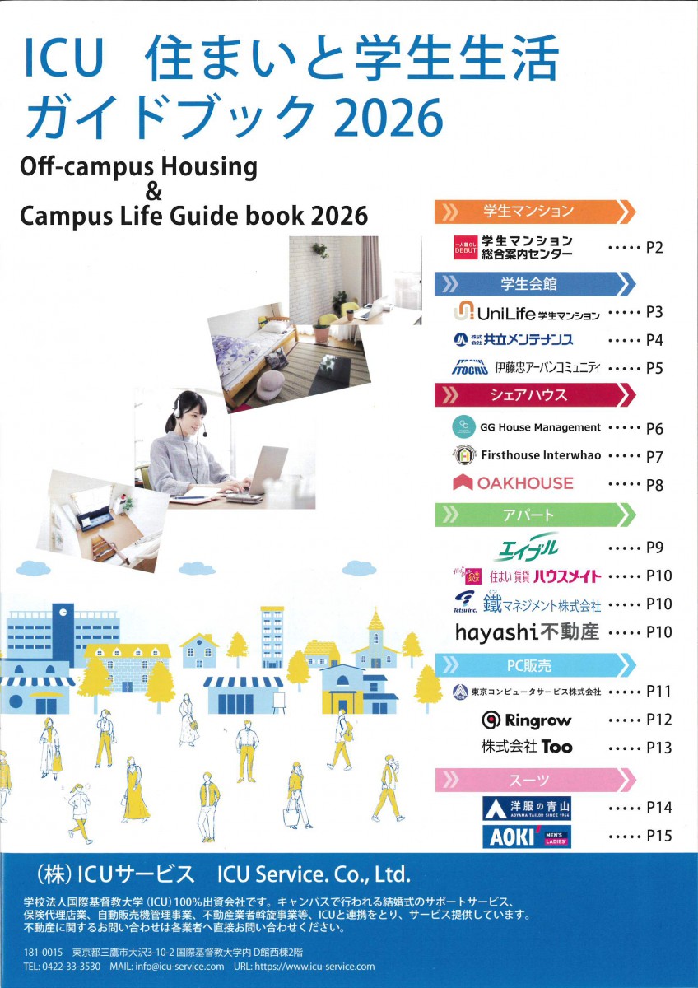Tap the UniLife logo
pos(527,313)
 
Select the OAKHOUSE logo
pos(513,482)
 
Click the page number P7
pos(654,456)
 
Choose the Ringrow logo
pos(527,720)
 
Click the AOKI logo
pos(527,836)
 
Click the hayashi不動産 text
pos(528,632)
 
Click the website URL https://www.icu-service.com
pos(316,967)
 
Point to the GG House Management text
pos(541,427)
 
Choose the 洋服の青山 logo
pos(527,808)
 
